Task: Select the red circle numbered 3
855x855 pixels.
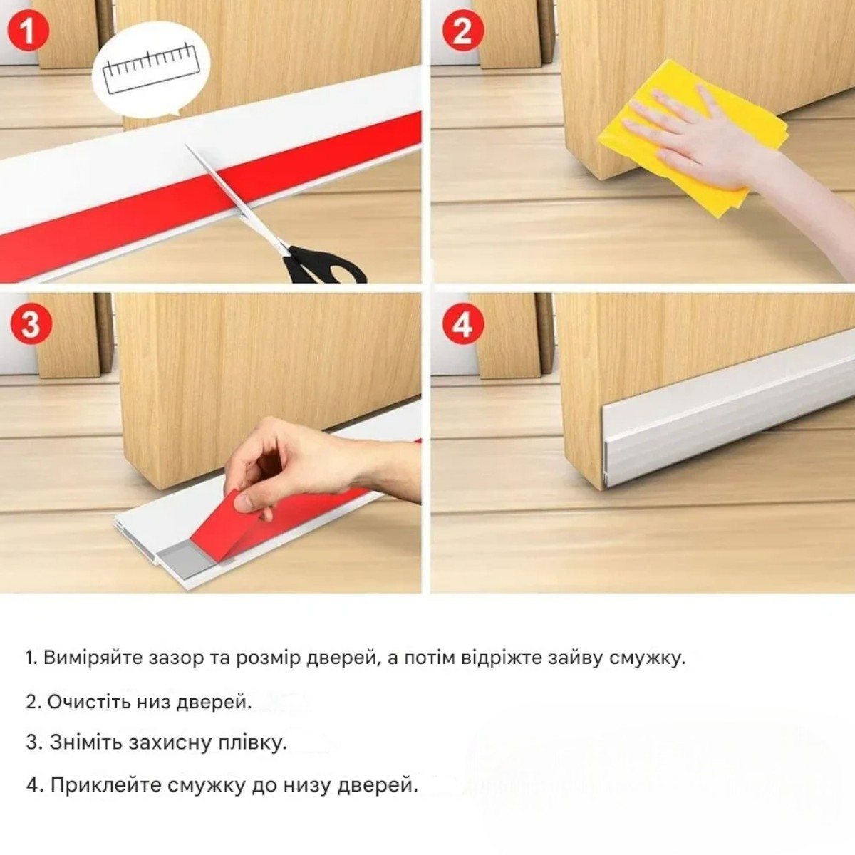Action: coord(31,324)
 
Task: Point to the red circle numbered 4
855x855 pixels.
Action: coord(463,324)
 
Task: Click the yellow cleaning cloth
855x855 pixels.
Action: coord(692,138)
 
